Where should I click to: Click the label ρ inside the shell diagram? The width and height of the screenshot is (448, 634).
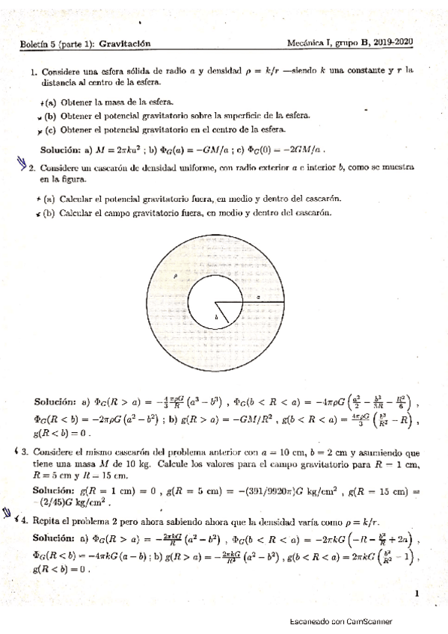pos(174,275)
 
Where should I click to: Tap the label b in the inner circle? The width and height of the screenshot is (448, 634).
pos(216,318)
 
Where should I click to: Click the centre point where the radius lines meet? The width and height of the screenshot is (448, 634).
pos(216,303)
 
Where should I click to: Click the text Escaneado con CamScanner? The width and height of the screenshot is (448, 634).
pos(340,621)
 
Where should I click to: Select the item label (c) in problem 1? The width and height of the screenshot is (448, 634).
pos(50,129)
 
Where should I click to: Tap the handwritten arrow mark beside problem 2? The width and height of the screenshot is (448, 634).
pos(20,166)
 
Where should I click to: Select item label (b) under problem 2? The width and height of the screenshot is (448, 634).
pos(50,213)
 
